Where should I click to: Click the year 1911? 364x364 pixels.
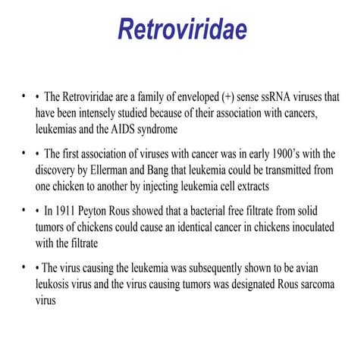click(x=66, y=209)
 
